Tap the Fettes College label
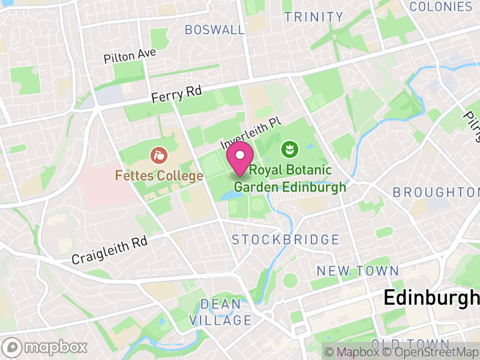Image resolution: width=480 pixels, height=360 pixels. click(x=160, y=176)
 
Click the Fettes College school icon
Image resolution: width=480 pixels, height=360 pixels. click(x=159, y=156)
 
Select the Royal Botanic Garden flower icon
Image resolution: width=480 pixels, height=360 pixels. click(x=289, y=148)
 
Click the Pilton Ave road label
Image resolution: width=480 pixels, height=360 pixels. click(x=130, y=56)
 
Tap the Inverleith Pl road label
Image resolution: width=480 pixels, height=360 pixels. click(x=251, y=133)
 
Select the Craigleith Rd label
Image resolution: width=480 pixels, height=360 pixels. click(x=109, y=250)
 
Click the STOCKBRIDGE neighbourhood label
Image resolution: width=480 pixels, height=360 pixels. click(x=286, y=240)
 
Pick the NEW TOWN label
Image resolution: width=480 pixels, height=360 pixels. click(x=358, y=271)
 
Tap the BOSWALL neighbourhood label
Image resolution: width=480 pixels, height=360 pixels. click(x=215, y=29)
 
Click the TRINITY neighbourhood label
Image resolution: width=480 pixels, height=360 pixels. click(x=314, y=17)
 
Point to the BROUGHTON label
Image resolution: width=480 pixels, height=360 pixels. click(x=436, y=193)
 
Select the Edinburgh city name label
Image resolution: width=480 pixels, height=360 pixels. click(x=431, y=298)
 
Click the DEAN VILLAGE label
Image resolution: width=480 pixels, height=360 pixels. click(x=220, y=312)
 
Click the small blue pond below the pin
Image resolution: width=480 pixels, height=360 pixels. click(x=231, y=195)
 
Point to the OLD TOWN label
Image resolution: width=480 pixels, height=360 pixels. click(x=410, y=344)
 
